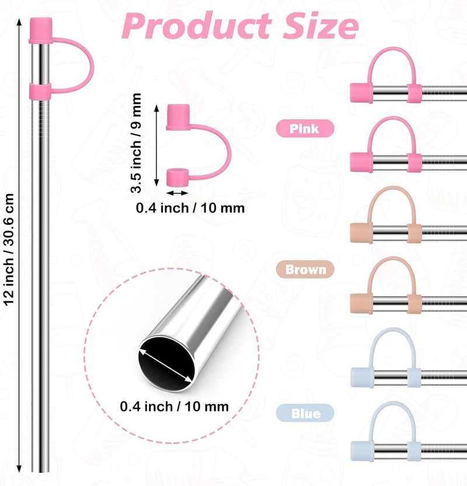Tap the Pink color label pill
click(x=305, y=129)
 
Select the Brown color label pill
click(x=305, y=269)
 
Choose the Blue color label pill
click(x=305, y=413)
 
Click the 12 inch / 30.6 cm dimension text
click(x=9, y=249)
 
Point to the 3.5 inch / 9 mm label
click(x=136, y=143)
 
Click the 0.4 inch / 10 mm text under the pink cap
click(x=190, y=208)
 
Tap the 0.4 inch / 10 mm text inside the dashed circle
click(x=175, y=407)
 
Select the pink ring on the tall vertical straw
click(x=40, y=92)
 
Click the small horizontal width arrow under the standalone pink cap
click(x=177, y=193)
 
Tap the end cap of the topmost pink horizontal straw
click(x=361, y=93)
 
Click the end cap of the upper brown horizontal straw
click(x=361, y=232)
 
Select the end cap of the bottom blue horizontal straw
click(x=362, y=452)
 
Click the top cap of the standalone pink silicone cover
click(x=178, y=117)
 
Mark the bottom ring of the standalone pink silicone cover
click(x=177, y=178)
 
